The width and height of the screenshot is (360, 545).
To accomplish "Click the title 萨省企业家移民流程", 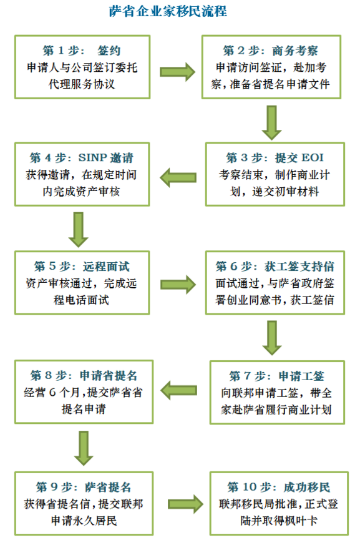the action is point(168,11).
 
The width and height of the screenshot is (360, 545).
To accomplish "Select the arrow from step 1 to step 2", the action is point(177,72).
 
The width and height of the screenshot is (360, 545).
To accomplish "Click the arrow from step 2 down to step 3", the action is point(271,123).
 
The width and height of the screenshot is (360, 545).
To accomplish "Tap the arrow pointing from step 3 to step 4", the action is point(178,178).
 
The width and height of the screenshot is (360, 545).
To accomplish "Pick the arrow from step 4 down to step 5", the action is point(78,230).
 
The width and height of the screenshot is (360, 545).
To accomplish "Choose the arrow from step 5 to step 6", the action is point(178,285).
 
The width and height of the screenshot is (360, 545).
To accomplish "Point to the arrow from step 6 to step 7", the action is point(272,338).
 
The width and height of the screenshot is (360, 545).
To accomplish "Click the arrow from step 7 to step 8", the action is point(178,390).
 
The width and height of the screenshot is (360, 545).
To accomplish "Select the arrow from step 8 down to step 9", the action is point(84,448).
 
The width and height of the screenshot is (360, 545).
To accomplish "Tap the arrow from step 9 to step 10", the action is point(185,504).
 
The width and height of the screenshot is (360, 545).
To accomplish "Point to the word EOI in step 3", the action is point(313,157).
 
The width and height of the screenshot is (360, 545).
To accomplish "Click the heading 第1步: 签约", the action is point(82,51).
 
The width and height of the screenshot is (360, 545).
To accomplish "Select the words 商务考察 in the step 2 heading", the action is point(294,51).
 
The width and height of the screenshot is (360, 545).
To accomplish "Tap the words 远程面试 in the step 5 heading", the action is point(106,266).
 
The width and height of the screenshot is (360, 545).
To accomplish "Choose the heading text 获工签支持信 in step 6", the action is point(299,266).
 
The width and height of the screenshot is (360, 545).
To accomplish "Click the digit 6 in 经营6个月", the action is point(52,393).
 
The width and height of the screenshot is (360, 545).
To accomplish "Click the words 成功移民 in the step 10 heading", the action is point(307,487).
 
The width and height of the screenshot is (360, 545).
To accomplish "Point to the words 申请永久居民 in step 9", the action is point(84,520).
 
